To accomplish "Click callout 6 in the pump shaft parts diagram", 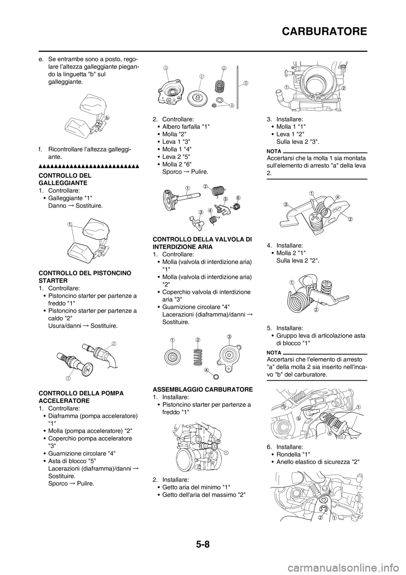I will [x=238, y=198].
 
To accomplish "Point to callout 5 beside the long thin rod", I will [x=245, y=83].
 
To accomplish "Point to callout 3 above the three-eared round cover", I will [x=229, y=336].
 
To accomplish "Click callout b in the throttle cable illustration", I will [x=298, y=418].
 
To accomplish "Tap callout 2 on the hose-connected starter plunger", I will [x=114, y=343].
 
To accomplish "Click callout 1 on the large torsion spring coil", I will [x=292, y=282].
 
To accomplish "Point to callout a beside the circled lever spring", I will [x=337, y=197].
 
